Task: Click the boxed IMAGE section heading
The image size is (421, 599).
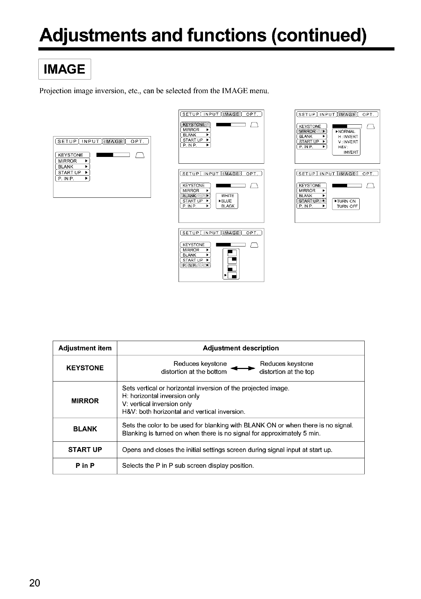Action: coord(65,69)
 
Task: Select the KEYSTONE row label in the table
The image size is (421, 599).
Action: coord(85,368)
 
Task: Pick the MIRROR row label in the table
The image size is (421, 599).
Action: coord(85,401)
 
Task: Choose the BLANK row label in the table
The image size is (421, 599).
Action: coord(85,429)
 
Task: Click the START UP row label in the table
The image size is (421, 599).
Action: coord(85,449)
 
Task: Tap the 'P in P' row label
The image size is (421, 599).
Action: coord(85,466)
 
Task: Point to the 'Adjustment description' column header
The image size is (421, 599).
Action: coord(241,348)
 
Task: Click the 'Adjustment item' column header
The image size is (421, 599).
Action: coord(85,348)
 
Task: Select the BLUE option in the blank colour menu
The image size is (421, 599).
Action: coord(227,201)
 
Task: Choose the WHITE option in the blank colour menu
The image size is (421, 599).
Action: coord(228,196)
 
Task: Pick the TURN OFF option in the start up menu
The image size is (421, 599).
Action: coord(346,206)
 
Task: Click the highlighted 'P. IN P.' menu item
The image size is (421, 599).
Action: coord(195,265)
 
